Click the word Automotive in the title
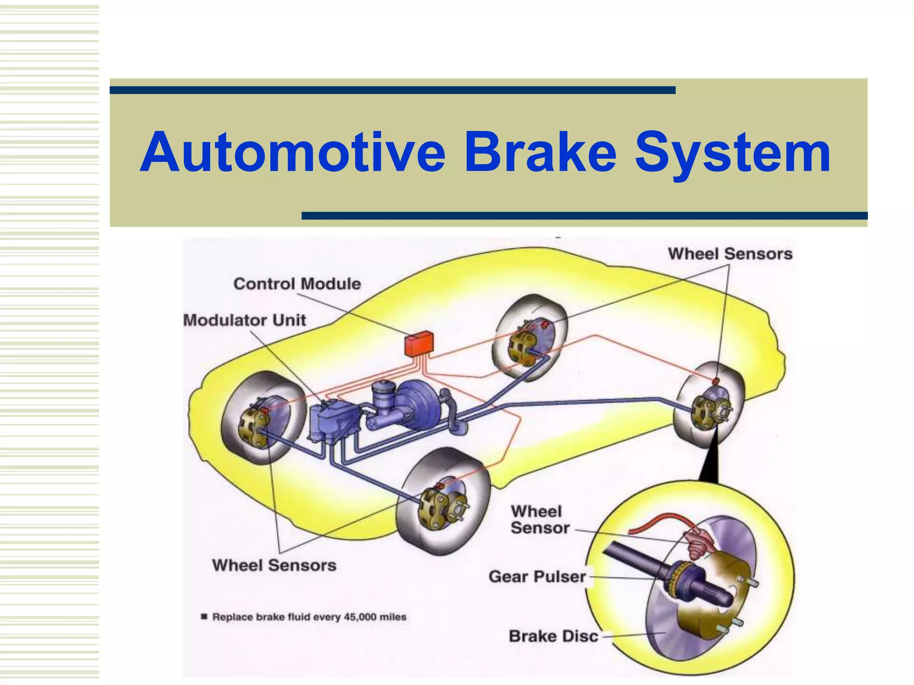[292, 153]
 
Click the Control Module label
[297, 284]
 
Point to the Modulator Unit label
[245, 320]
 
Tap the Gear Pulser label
[537, 576]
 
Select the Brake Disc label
[553, 636]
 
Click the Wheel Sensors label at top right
[730, 254]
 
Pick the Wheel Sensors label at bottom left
[274, 565]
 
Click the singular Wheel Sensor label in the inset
[540, 520]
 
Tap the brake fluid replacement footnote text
[309, 617]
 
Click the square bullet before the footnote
[204, 617]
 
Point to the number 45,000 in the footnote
[360, 617]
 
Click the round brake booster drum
[417, 404]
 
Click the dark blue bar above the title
[392, 90]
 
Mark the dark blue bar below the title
[584, 216]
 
